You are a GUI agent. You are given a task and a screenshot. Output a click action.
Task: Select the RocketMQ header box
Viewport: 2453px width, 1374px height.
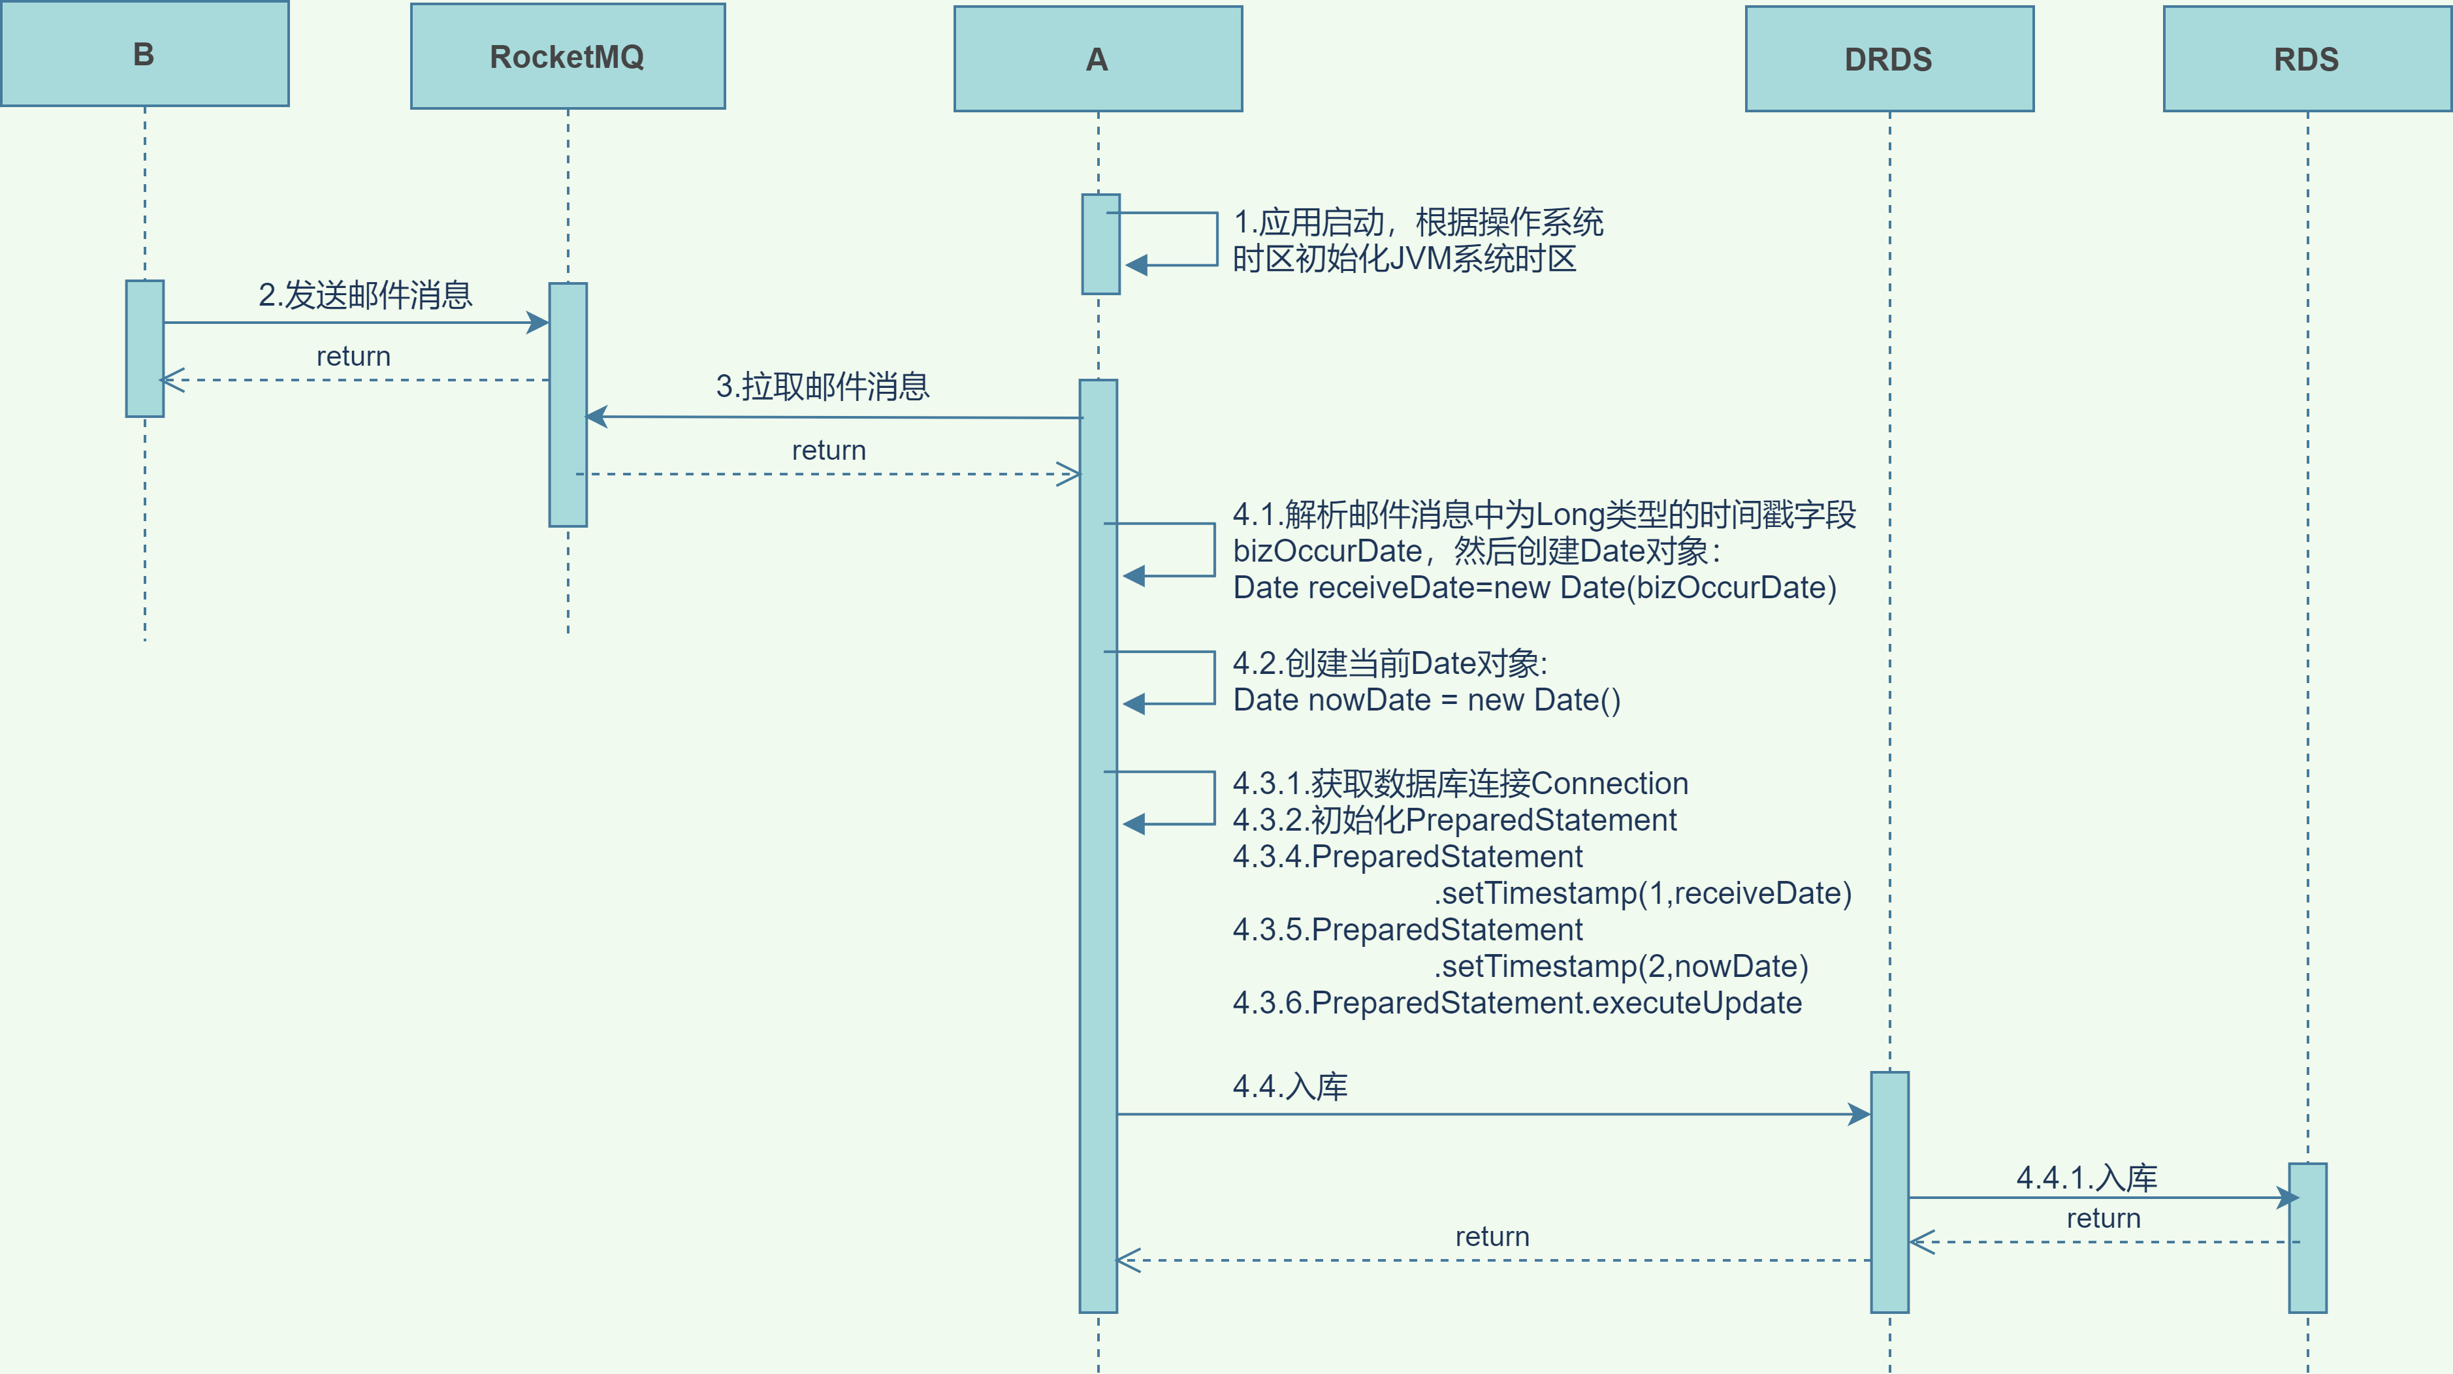click(568, 57)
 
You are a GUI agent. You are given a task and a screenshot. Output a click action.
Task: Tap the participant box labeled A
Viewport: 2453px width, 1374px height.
click(1097, 59)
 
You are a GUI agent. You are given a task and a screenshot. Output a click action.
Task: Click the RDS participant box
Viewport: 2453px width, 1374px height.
click(2305, 59)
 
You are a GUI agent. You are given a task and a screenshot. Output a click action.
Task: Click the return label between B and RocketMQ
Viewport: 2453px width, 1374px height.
click(353, 356)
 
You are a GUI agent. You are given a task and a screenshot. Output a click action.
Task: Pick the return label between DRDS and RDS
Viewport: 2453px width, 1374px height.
click(2102, 1218)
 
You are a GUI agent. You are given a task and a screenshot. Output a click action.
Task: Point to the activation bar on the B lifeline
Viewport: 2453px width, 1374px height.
click(145, 349)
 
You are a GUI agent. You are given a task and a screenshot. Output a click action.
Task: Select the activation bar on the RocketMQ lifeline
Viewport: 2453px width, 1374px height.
click(568, 405)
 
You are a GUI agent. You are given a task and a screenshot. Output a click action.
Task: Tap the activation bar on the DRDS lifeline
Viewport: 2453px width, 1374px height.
click(1889, 1192)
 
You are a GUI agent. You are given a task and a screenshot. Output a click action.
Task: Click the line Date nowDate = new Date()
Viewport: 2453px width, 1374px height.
click(1426, 700)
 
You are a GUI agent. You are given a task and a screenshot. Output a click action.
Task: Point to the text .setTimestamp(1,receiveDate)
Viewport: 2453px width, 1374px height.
click(1643, 893)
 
